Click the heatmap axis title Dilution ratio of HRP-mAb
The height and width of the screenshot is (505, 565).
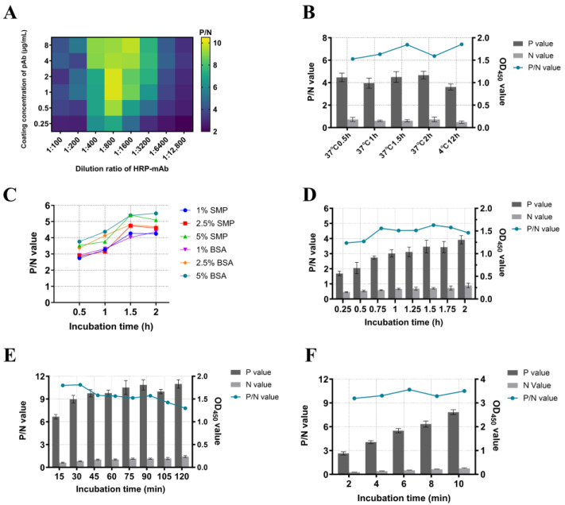(122, 168)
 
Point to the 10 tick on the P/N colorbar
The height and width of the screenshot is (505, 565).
(217, 43)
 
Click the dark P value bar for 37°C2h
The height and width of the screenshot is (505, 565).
(424, 101)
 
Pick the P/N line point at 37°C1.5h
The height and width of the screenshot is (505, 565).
(407, 44)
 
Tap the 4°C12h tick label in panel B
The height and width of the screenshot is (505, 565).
(450, 143)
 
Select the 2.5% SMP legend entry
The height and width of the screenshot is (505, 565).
(207, 224)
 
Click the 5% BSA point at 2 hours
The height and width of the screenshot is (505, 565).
(156, 214)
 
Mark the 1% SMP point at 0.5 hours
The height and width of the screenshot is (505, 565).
(79, 258)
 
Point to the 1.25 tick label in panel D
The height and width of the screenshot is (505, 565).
(412, 309)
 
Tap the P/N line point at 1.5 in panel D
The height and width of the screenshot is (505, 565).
(433, 226)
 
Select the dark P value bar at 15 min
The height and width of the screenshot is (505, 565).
(56, 442)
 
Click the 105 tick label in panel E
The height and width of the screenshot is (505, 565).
(164, 476)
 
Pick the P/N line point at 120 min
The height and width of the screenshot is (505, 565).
(185, 408)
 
